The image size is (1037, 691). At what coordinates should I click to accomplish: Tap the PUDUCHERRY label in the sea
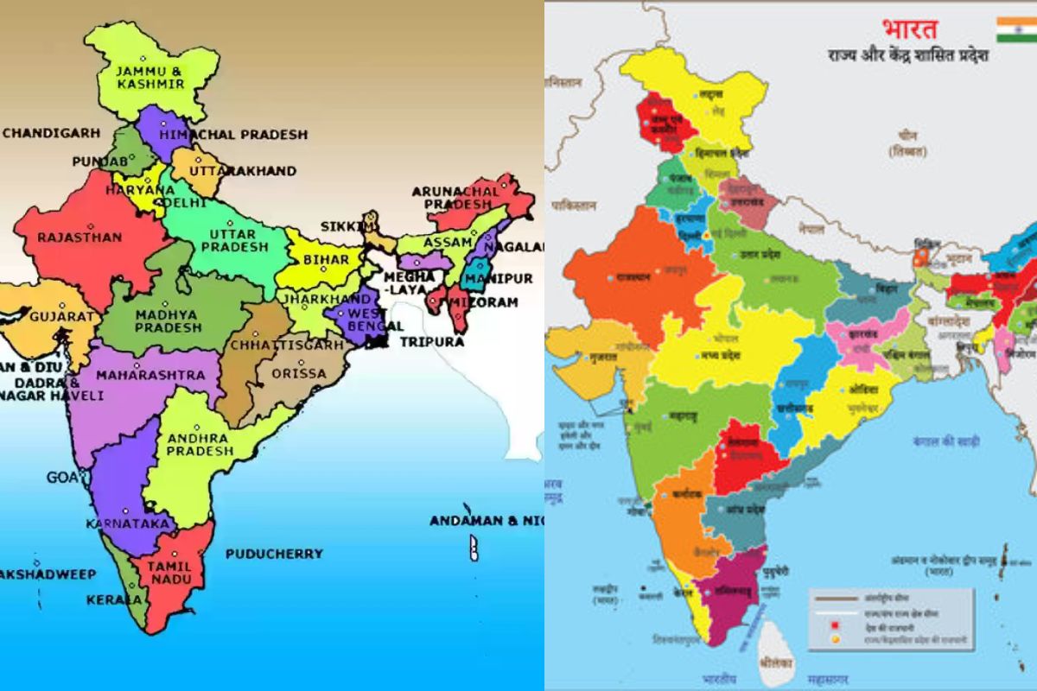(274, 554)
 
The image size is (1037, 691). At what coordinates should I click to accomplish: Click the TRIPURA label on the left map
(431, 341)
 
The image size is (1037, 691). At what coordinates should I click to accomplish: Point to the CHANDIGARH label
(51, 133)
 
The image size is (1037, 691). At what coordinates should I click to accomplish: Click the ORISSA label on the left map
(299, 373)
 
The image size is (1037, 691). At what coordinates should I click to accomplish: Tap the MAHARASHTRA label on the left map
(150, 376)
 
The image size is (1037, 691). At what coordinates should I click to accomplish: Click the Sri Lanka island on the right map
(775, 654)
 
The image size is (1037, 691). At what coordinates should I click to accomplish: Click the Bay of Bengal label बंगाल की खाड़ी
(945, 441)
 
